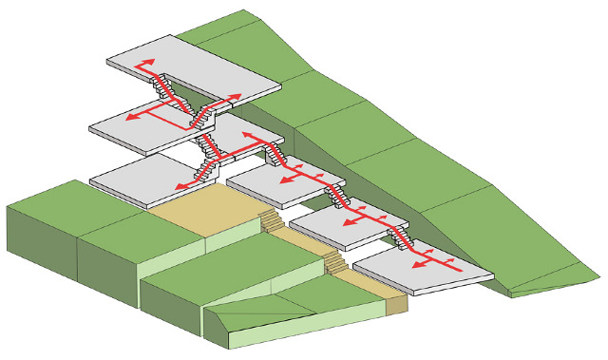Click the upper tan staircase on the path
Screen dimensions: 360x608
coord(272,222)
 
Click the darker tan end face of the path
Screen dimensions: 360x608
coord(396,303)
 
